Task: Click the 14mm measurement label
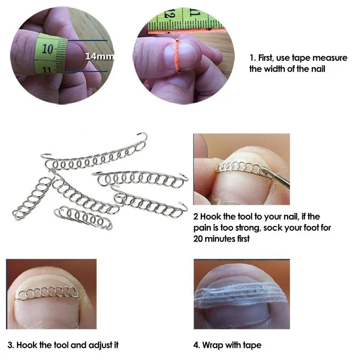[x=99, y=56]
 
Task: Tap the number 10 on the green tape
[x=48, y=49]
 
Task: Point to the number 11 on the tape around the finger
[x=47, y=69]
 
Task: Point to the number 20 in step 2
[x=198, y=239]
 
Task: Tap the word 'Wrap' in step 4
[x=213, y=345]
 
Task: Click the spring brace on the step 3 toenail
[x=47, y=293]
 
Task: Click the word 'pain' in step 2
[x=202, y=228]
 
